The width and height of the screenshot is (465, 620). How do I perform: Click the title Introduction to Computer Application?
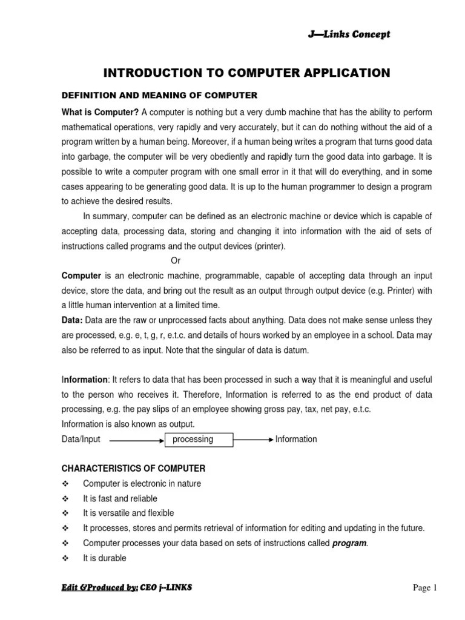point(247,73)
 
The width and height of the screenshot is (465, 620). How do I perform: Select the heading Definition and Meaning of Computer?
point(160,95)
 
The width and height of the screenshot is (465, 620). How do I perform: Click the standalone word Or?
point(176,261)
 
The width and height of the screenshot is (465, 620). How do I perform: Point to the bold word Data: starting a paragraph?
point(73,320)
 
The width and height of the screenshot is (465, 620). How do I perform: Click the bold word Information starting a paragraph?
point(85,380)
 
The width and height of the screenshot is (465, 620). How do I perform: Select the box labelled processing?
point(199,439)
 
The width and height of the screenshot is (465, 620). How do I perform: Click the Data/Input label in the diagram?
point(81,439)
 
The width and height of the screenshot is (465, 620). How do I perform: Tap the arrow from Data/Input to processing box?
point(137,440)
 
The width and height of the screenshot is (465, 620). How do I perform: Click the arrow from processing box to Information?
point(253,440)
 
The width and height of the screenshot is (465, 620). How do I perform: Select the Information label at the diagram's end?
point(296,439)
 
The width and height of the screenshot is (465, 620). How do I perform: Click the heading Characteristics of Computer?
point(134,469)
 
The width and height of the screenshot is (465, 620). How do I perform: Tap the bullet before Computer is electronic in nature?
point(66,484)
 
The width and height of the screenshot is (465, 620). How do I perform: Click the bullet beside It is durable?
point(66,558)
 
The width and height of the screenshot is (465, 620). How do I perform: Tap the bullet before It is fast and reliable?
point(66,499)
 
